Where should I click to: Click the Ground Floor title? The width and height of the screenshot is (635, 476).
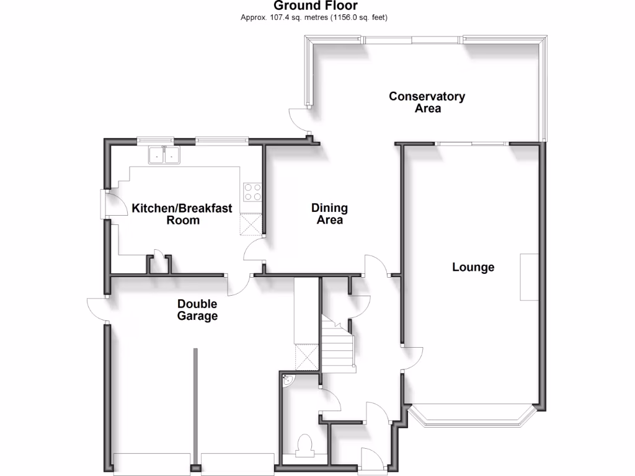click(316, 6)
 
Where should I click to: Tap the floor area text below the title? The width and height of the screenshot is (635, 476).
click(314, 17)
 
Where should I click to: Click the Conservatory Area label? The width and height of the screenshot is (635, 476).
click(427, 102)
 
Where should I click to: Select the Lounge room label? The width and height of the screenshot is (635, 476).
click(473, 267)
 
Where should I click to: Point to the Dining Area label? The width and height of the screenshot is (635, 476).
click(329, 214)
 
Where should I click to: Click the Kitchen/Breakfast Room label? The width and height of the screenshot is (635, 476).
click(182, 214)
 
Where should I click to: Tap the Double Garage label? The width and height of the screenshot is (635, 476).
click(197, 310)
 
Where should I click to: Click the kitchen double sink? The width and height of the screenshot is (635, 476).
click(164, 155)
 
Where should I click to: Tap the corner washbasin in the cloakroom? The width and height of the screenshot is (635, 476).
click(288, 380)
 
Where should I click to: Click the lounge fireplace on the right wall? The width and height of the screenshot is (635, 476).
click(529, 277)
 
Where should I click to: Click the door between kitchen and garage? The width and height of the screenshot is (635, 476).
click(239, 284)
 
